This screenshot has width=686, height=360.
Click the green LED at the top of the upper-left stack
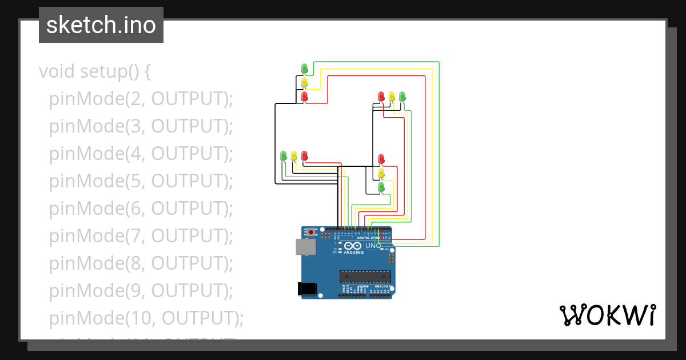[305, 69]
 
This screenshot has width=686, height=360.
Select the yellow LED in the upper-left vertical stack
[305, 83]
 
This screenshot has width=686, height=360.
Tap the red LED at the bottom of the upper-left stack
[305, 97]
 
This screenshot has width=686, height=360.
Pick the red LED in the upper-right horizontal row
[381, 97]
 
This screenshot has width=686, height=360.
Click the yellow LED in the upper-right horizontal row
[392, 97]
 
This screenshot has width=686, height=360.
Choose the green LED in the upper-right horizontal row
[402, 97]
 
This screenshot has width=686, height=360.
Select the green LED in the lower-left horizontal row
[283, 155]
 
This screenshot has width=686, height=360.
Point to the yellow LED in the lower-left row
[294, 155]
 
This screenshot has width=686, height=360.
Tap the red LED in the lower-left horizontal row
[304, 155]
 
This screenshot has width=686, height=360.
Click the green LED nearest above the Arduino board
[381, 187]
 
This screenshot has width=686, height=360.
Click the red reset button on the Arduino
[311, 233]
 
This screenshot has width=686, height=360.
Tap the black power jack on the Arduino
[308, 289]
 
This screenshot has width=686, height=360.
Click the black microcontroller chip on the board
[365, 277]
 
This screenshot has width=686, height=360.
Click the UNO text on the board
[373, 246]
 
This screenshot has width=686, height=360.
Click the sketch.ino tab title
[101, 25]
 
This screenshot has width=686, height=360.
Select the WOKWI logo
[607, 315]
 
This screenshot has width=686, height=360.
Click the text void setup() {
[94, 72]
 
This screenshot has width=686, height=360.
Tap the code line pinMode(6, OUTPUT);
[141, 209]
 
